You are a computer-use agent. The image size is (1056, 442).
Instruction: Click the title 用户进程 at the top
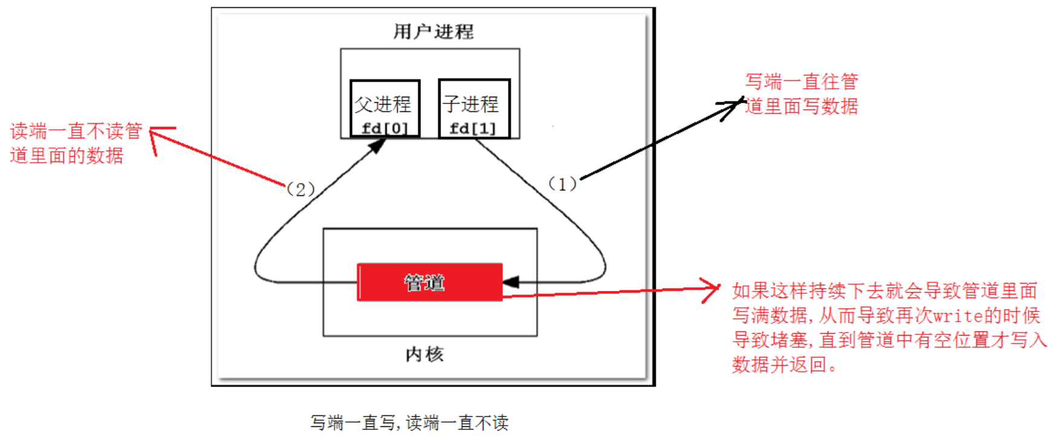[x=433, y=31]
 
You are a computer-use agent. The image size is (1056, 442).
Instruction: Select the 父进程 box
[x=384, y=108]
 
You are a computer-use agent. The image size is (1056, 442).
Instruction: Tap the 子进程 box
[x=474, y=108]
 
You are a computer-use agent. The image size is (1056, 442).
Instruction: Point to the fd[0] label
[x=384, y=129]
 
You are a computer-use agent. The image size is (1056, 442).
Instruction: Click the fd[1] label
[x=473, y=129]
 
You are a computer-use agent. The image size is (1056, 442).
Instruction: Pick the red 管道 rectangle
[x=430, y=282]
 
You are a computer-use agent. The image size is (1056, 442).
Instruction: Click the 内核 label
[x=424, y=354]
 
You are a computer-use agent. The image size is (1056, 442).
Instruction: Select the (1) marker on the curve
[x=562, y=184]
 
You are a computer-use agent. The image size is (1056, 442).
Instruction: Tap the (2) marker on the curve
[x=300, y=189]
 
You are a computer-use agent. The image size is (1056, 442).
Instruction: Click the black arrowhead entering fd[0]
[x=377, y=146]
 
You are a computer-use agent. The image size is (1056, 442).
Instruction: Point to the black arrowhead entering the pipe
[x=511, y=282]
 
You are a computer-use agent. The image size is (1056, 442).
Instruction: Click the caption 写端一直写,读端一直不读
[x=409, y=423]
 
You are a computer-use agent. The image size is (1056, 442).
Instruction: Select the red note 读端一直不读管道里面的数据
[x=76, y=143]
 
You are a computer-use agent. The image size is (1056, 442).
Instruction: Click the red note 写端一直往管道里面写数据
[x=801, y=94]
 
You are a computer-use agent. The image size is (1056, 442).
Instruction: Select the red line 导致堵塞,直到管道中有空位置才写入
[x=889, y=340]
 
